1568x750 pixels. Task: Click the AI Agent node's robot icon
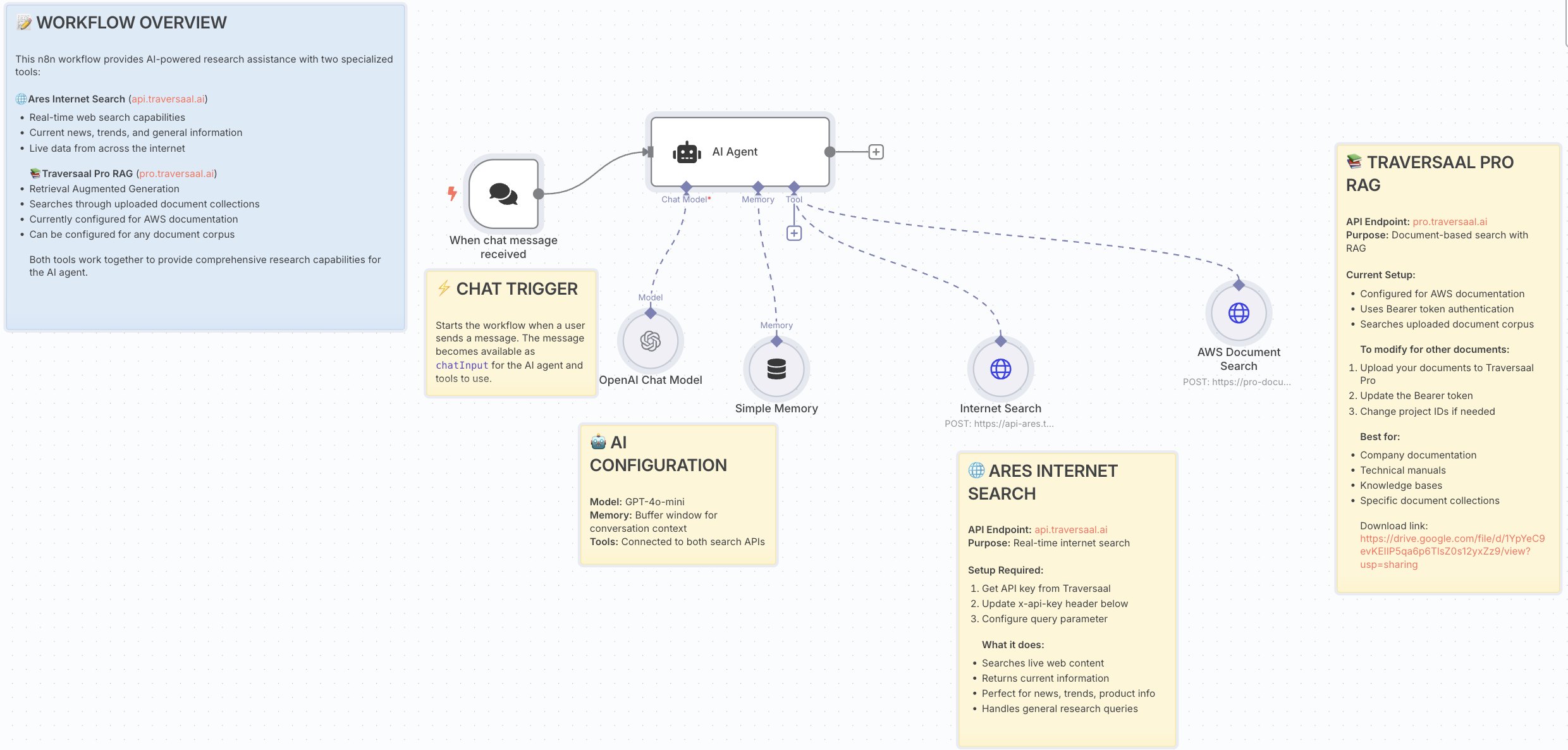pyautogui.click(x=687, y=152)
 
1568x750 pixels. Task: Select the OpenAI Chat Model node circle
pyautogui.click(x=650, y=341)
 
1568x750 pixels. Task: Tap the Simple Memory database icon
pyautogui.click(x=776, y=369)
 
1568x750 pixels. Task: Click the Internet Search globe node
pyautogui.click(x=1000, y=369)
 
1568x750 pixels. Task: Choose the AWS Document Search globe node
pyautogui.click(x=1239, y=313)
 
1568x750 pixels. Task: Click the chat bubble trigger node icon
pyautogui.click(x=503, y=194)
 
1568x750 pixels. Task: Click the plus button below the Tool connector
pyautogui.click(x=794, y=233)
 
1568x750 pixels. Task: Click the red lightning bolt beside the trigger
pyautogui.click(x=452, y=193)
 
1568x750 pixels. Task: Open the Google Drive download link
pyautogui.click(x=1452, y=551)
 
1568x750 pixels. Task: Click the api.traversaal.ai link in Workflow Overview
pyautogui.click(x=168, y=99)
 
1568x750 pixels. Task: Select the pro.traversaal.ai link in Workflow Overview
pyautogui.click(x=176, y=174)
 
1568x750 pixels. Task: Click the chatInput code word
pyautogui.click(x=462, y=366)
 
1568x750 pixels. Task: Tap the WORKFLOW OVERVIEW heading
pyautogui.click(x=131, y=23)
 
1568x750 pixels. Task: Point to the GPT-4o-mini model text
pyautogui.click(x=654, y=502)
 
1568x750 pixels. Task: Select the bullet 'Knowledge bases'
pyautogui.click(x=1401, y=486)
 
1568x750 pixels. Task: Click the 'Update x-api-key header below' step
pyautogui.click(x=1055, y=604)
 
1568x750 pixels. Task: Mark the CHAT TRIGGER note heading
pyautogui.click(x=517, y=289)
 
